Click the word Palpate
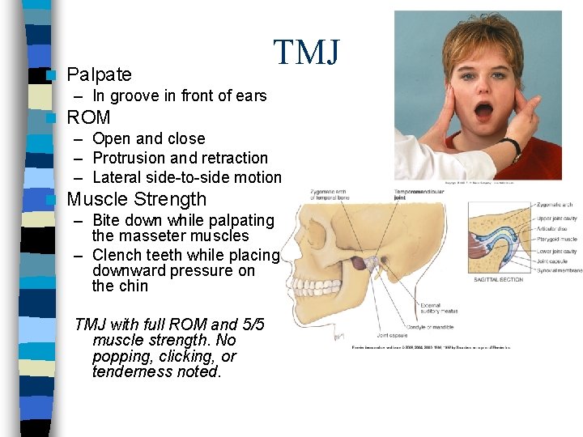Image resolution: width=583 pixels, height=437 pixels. (99, 75)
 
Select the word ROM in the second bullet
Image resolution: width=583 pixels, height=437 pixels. (88, 117)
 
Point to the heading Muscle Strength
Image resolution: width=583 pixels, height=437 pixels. (136, 199)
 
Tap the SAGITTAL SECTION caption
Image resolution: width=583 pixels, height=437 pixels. (497, 280)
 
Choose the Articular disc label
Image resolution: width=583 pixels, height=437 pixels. (554, 228)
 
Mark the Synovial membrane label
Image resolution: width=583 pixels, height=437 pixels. (560, 270)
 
